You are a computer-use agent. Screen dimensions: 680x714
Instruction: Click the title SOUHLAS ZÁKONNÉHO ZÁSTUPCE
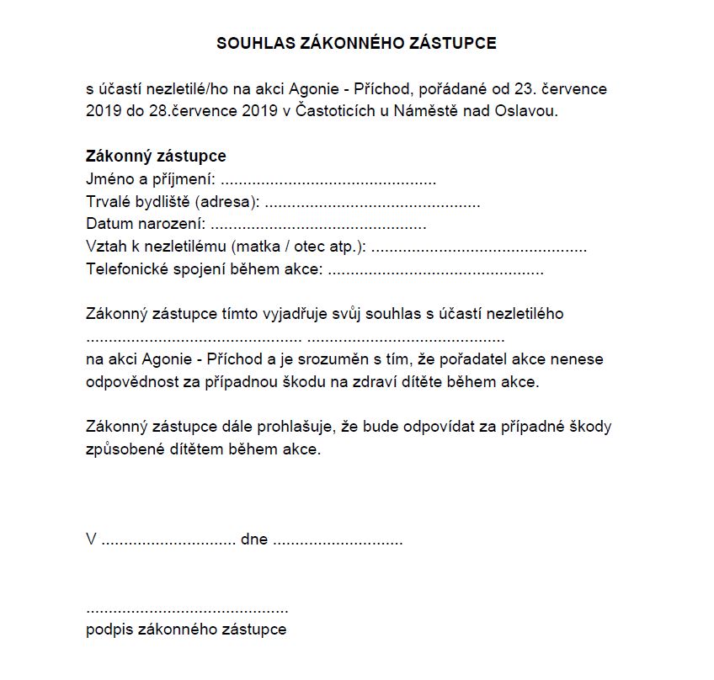tap(356, 43)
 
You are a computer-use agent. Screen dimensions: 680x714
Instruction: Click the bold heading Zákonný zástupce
tap(156, 157)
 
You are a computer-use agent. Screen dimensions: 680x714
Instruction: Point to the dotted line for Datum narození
tap(317, 226)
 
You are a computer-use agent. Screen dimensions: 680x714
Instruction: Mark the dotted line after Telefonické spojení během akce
tap(434, 272)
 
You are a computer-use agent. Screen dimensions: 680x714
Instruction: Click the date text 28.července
tap(183, 110)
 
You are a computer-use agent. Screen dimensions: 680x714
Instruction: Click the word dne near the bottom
tap(253, 539)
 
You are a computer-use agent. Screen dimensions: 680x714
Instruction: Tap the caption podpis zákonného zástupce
tap(186, 630)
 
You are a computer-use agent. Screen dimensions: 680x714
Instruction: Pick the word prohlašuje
tap(296, 427)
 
